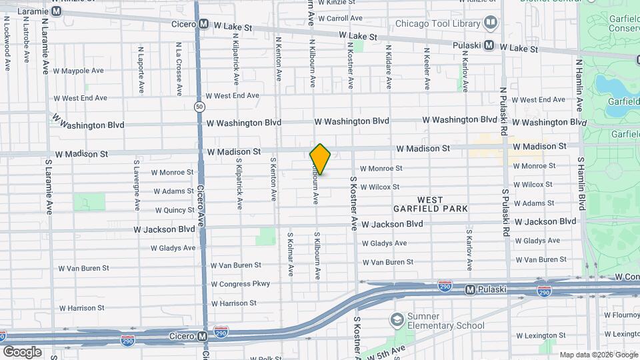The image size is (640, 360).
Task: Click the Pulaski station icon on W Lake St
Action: [490, 45]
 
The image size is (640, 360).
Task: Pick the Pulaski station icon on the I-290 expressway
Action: [471, 289]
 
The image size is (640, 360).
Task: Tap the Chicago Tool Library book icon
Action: [491, 23]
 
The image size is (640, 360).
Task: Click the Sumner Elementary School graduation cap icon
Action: [398, 320]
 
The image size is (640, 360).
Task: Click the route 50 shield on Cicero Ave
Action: [199, 106]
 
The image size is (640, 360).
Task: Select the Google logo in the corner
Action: [22, 351]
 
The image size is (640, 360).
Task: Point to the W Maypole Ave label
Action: [79, 71]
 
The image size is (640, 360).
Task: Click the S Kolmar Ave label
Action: [290, 254]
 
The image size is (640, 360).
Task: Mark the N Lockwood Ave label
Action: [7, 43]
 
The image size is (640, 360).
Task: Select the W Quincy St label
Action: [175, 210]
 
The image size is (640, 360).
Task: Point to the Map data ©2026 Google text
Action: [598, 355]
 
